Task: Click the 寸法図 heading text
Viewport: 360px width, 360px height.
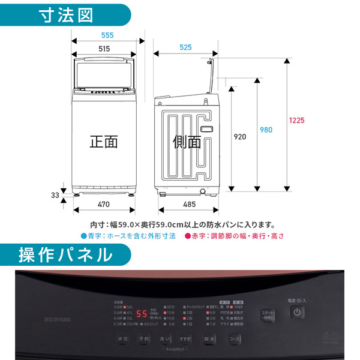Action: click(67, 15)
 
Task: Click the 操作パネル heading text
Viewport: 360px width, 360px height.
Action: click(65, 254)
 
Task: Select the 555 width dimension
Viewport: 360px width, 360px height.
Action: click(107, 35)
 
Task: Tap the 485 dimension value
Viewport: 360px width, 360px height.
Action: click(188, 205)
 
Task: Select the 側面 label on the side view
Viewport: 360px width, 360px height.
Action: click(187, 142)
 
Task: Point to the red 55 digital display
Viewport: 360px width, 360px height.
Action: click(142, 314)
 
